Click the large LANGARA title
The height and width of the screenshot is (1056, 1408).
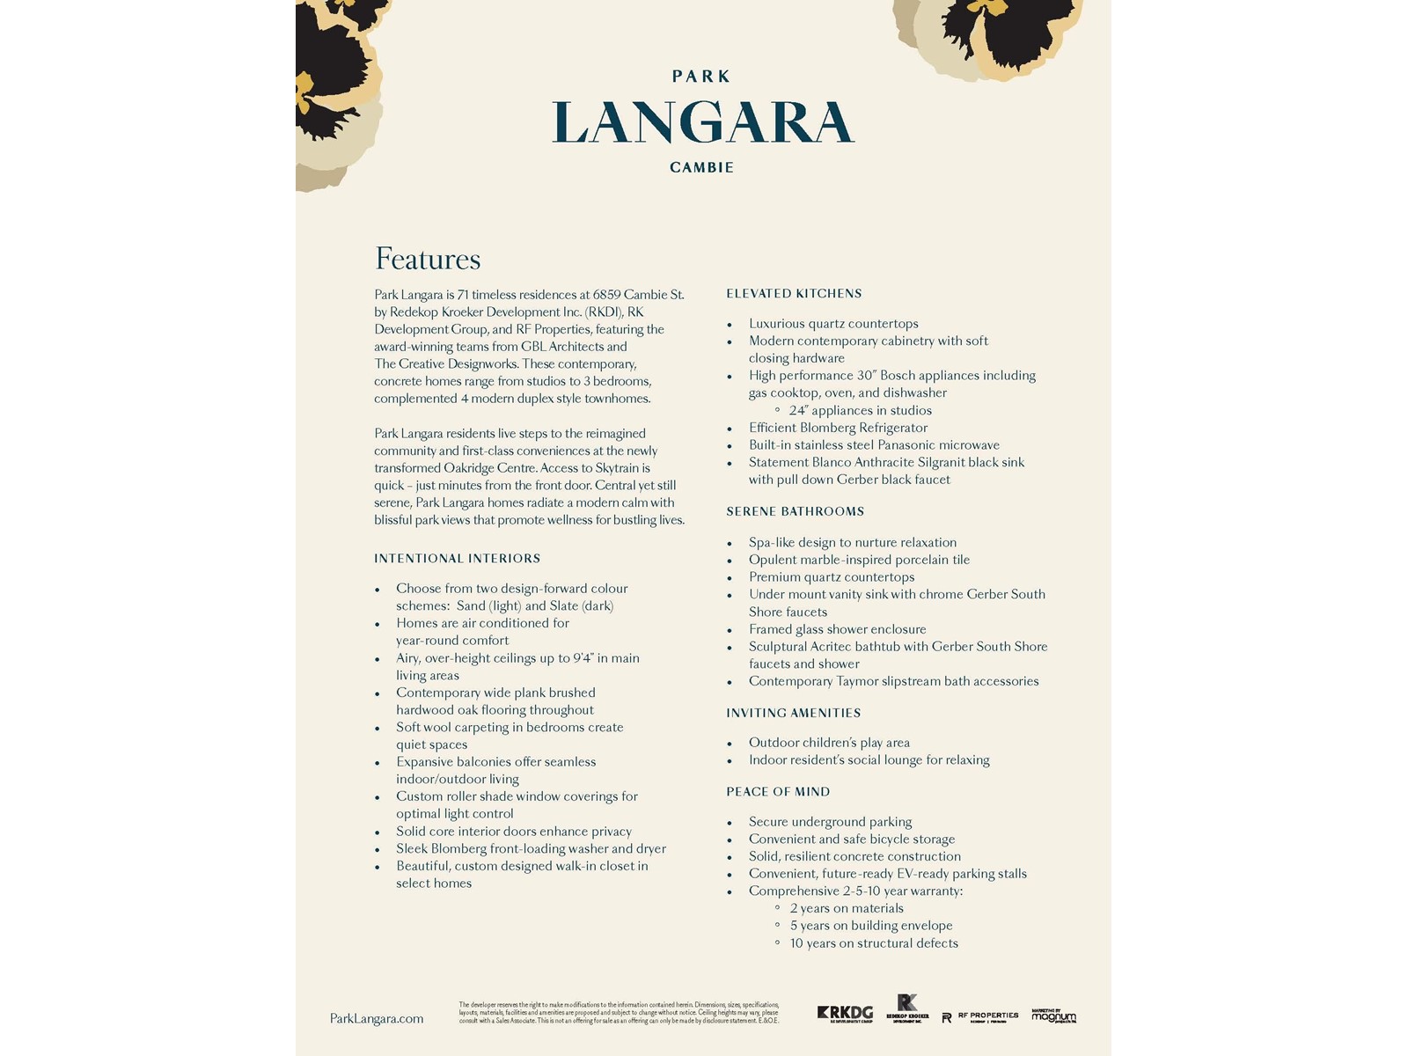click(703, 122)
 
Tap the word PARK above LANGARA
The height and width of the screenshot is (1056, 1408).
click(701, 77)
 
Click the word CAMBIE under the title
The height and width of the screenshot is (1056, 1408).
click(701, 167)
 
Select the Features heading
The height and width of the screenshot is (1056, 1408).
click(428, 259)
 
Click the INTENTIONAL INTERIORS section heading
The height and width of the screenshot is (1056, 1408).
click(457, 559)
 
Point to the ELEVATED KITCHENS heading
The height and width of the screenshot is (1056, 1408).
click(794, 294)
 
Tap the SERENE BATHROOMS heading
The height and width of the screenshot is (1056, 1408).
click(795, 511)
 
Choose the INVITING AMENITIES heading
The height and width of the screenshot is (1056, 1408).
click(793, 713)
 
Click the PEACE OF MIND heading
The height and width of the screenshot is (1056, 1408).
click(778, 792)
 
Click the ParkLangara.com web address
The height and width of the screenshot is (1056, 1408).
click(377, 1019)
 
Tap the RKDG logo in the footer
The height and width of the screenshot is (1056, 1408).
click(845, 1014)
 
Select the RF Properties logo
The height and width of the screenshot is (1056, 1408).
click(979, 1016)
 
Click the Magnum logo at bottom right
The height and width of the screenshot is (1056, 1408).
click(1053, 1016)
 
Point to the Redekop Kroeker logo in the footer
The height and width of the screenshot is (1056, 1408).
click(907, 1008)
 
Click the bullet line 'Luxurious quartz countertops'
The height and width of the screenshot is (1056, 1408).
click(833, 324)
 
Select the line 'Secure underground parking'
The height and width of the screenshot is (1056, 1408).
click(830, 822)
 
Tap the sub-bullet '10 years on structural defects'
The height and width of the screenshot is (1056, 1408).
click(874, 943)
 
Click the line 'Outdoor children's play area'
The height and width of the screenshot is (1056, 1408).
click(829, 743)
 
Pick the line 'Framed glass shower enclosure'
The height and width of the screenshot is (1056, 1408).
click(837, 629)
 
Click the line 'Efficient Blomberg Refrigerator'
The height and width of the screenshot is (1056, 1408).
click(838, 428)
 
